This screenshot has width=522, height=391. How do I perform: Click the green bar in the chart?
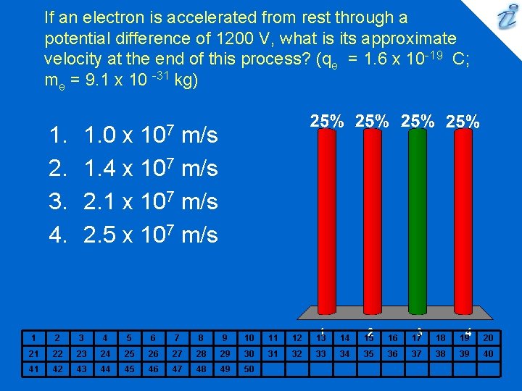417,217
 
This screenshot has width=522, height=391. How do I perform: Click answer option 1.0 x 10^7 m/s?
151,135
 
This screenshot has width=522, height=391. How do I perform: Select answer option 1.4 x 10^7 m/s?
151,168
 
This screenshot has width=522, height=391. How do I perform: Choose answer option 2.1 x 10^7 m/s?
151,201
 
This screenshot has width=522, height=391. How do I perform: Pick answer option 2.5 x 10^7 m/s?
151,235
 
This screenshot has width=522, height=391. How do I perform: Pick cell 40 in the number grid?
488,353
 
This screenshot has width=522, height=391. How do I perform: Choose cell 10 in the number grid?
249,337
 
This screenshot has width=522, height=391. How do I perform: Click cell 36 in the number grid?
392,353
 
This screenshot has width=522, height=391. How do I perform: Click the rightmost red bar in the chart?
465,217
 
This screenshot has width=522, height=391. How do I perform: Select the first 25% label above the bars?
327,121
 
